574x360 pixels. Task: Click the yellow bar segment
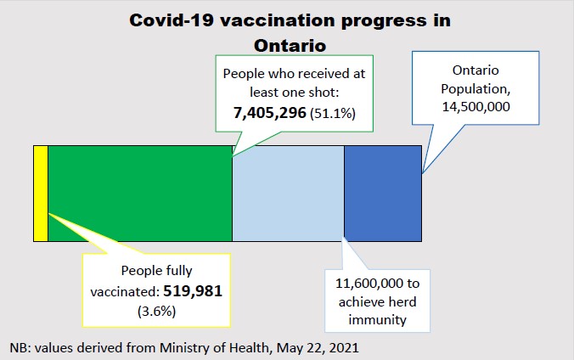click(x=40, y=194)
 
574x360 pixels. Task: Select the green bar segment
click(x=139, y=194)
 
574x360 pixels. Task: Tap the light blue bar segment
click(x=288, y=194)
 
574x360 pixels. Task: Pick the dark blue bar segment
click(x=382, y=194)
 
